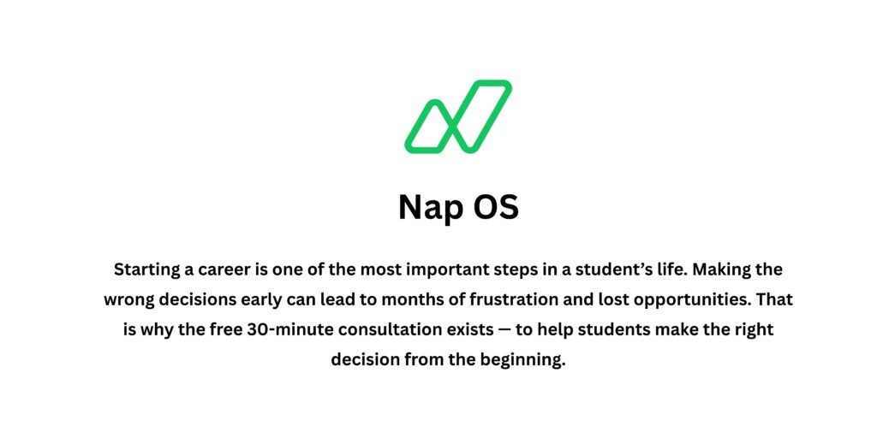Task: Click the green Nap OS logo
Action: [x=458, y=117]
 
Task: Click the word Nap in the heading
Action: [x=431, y=208]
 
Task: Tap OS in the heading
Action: [x=496, y=208]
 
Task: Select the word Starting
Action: [x=147, y=270]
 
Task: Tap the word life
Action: [x=656, y=270]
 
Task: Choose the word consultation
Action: [x=410, y=330]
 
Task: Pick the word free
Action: [x=231, y=330]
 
